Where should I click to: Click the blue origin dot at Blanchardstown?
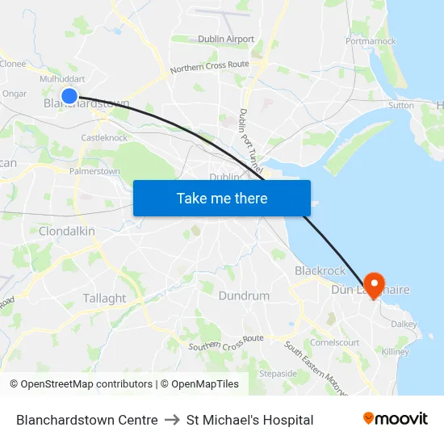point(69,96)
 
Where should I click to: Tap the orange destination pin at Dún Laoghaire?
point(374,283)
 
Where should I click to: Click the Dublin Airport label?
point(226,39)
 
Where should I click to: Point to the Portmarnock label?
point(371,41)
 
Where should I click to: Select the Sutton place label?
point(401,106)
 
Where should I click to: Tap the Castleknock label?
point(104,138)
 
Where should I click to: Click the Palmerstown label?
point(94,172)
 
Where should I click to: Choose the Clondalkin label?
point(67,232)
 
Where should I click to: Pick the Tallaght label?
point(104,299)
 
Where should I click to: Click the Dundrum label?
point(244,296)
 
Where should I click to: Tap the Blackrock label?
point(320,271)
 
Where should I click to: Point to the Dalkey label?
point(404,324)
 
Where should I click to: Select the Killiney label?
point(396,352)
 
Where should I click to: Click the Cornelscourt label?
point(335,341)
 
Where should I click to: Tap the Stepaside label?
point(279,374)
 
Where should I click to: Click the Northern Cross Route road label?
point(209,67)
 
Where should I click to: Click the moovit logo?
point(396,419)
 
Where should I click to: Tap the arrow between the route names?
point(172,420)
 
